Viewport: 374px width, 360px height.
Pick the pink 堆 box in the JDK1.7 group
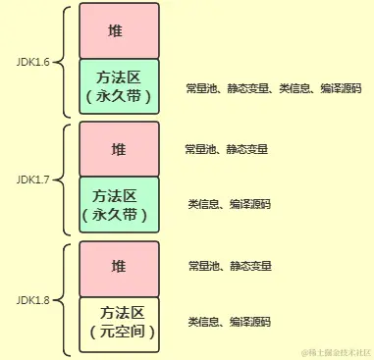(x=118, y=149)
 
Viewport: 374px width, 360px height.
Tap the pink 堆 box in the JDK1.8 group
(x=118, y=267)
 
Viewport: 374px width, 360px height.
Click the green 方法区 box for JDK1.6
(x=118, y=87)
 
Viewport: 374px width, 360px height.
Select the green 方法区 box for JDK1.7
(x=118, y=204)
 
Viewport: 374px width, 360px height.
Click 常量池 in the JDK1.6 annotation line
(x=200, y=88)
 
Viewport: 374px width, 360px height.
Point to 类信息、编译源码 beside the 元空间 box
(x=229, y=321)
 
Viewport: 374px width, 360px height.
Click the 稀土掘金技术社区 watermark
(x=335, y=351)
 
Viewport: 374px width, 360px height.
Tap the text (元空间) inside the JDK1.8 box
(x=118, y=333)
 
